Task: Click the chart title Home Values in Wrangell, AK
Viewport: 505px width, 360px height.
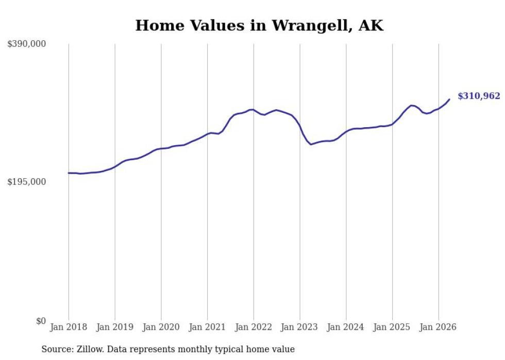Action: click(259, 25)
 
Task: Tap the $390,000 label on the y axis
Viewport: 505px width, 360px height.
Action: click(26, 43)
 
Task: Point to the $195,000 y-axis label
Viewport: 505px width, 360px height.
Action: click(26, 182)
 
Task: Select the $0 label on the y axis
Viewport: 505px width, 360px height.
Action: click(41, 321)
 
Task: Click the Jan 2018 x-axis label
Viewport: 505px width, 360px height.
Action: click(69, 327)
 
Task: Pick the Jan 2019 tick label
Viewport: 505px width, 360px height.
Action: click(114, 327)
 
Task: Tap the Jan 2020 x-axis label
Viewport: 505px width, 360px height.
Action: click(161, 327)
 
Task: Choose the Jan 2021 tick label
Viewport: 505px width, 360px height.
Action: click(207, 327)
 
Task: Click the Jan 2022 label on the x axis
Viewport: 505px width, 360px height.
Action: click(254, 327)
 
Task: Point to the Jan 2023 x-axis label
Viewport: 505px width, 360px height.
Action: click(299, 327)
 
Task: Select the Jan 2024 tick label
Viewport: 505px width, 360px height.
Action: click(346, 327)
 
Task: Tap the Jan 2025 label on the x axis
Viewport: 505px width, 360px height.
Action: click(392, 327)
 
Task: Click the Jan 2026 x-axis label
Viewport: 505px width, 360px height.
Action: click(438, 327)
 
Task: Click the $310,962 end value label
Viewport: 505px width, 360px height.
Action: click(479, 96)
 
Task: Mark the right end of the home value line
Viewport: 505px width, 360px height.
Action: click(449, 99)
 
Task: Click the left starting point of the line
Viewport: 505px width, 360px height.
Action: click(68, 173)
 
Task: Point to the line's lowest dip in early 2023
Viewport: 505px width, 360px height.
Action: click(311, 144)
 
